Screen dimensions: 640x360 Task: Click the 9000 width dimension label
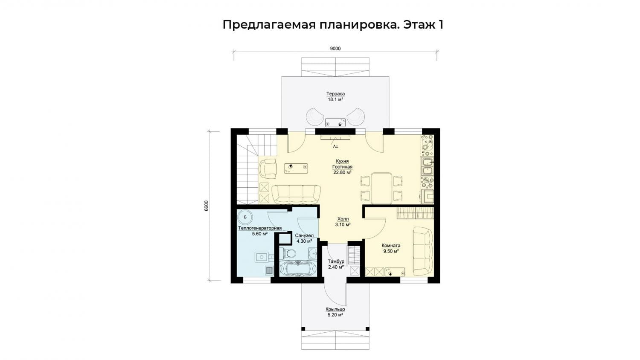tap(335, 49)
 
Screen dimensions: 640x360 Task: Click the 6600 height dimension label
tap(207, 206)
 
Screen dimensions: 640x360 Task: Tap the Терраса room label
tap(335, 94)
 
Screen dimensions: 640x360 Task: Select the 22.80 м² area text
tap(342, 172)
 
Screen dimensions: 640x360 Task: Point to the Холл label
tap(343, 219)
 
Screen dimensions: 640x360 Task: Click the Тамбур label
tap(336, 261)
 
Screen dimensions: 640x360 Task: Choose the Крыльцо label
tap(335, 309)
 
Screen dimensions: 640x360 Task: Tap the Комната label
tap(391, 245)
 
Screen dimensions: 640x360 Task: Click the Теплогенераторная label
tap(260, 228)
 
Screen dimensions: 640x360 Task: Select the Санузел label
tap(304, 235)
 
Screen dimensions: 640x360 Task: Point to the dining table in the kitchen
tap(381, 188)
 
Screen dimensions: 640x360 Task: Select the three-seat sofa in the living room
tap(296, 194)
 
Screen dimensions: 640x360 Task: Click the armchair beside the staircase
tap(68, 169)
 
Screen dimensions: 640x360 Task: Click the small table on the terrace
tap(335, 122)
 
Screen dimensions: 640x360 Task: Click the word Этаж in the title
tap(418, 25)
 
